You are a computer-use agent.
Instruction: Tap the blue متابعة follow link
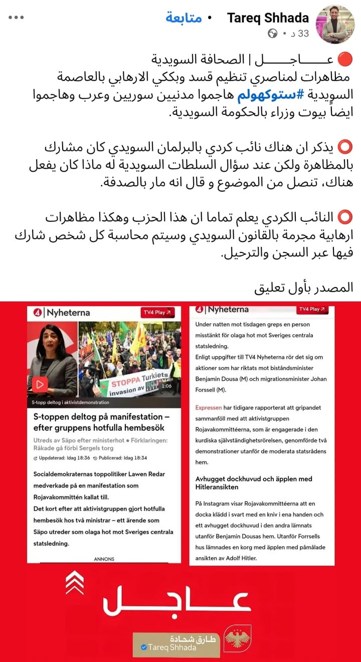tap(184, 18)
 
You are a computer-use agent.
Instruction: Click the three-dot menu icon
tap(16, 18)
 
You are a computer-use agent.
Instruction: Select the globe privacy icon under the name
tap(273, 34)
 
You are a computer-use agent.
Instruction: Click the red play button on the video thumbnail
tap(40, 384)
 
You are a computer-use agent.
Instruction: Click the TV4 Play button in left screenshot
tap(157, 312)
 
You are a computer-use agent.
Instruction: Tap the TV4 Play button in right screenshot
tap(311, 309)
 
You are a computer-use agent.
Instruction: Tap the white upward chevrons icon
tap(75, 582)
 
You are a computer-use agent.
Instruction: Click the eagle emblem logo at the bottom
tap(237, 638)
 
